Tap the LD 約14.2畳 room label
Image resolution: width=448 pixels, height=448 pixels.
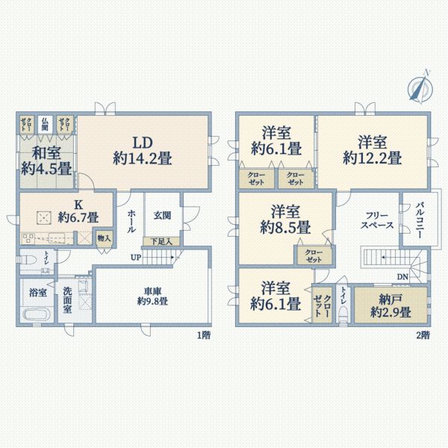click(x=143, y=150)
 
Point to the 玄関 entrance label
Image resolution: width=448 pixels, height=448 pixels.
click(x=162, y=215)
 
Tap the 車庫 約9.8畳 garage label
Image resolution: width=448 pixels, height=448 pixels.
click(x=152, y=296)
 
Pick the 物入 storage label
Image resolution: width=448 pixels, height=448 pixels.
click(x=104, y=239)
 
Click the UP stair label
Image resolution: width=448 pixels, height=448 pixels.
click(x=136, y=258)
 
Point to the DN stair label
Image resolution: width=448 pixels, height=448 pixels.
click(x=402, y=277)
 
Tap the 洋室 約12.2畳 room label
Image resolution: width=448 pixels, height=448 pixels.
click(x=372, y=150)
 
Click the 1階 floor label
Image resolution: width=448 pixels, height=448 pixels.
click(x=202, y=336)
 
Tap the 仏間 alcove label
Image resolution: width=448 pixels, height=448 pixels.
click(x=46, y=124)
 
